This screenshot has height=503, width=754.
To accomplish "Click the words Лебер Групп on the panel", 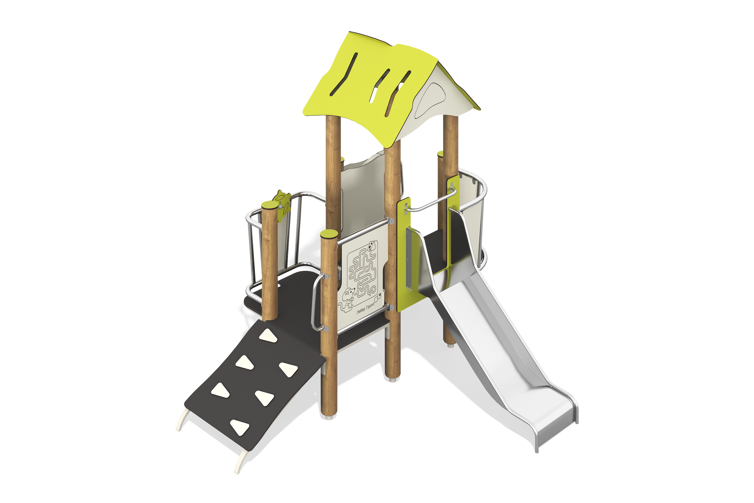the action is coord(365,308).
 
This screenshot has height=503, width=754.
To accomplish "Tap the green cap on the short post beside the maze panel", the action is coord(329,234).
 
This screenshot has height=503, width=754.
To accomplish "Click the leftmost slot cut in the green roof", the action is coord(343,74).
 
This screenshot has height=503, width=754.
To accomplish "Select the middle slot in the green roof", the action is coord(379,86).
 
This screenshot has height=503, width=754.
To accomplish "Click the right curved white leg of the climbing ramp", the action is coord(241,461).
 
